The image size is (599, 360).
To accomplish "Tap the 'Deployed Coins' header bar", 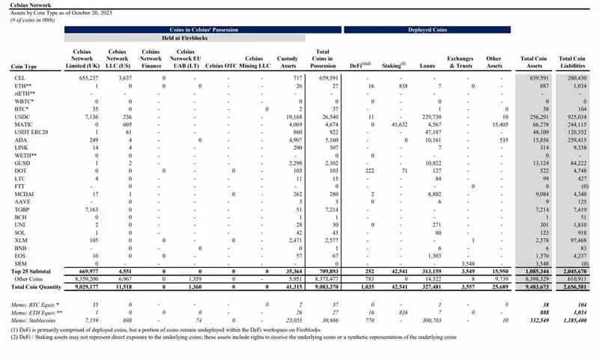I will pyautogui.click(x=428, y=29).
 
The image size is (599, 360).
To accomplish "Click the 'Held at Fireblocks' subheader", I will pyautogui.click(x=186, y=37).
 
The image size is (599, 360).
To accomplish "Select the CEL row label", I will pyautogui.click(x=17, y=77).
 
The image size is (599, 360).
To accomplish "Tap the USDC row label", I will pyautogui.click(x=19, y=117).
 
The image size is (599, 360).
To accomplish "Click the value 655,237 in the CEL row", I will pyautogui.click(x=88, y=77).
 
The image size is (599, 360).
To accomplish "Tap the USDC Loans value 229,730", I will pyautogui.click(x=431, y=117).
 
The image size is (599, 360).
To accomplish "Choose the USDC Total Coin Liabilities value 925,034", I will pyautogui.click(x=574, y=117).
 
